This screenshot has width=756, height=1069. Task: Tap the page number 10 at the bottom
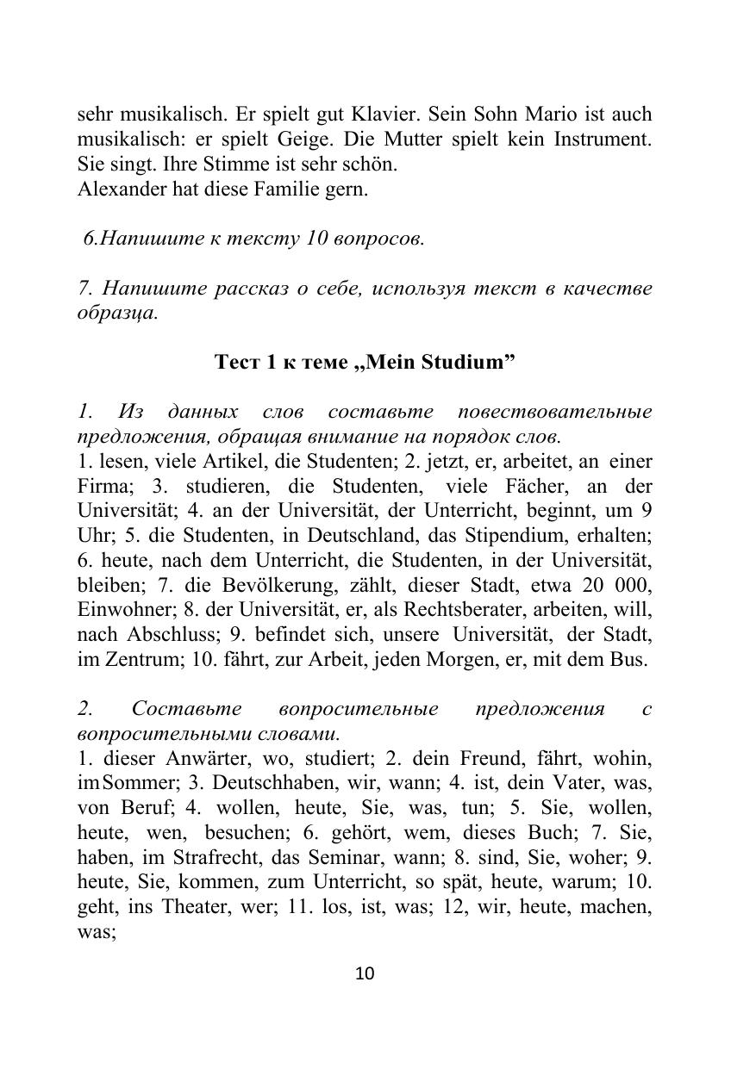365,974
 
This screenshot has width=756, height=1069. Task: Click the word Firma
102,486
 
